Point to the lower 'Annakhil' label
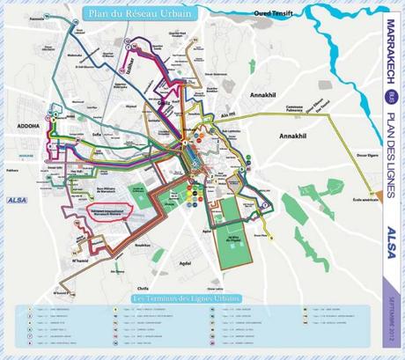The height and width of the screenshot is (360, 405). [295, 137]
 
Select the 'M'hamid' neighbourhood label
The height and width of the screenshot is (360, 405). [80, 261]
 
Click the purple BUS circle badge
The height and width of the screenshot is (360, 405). [390, 96]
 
